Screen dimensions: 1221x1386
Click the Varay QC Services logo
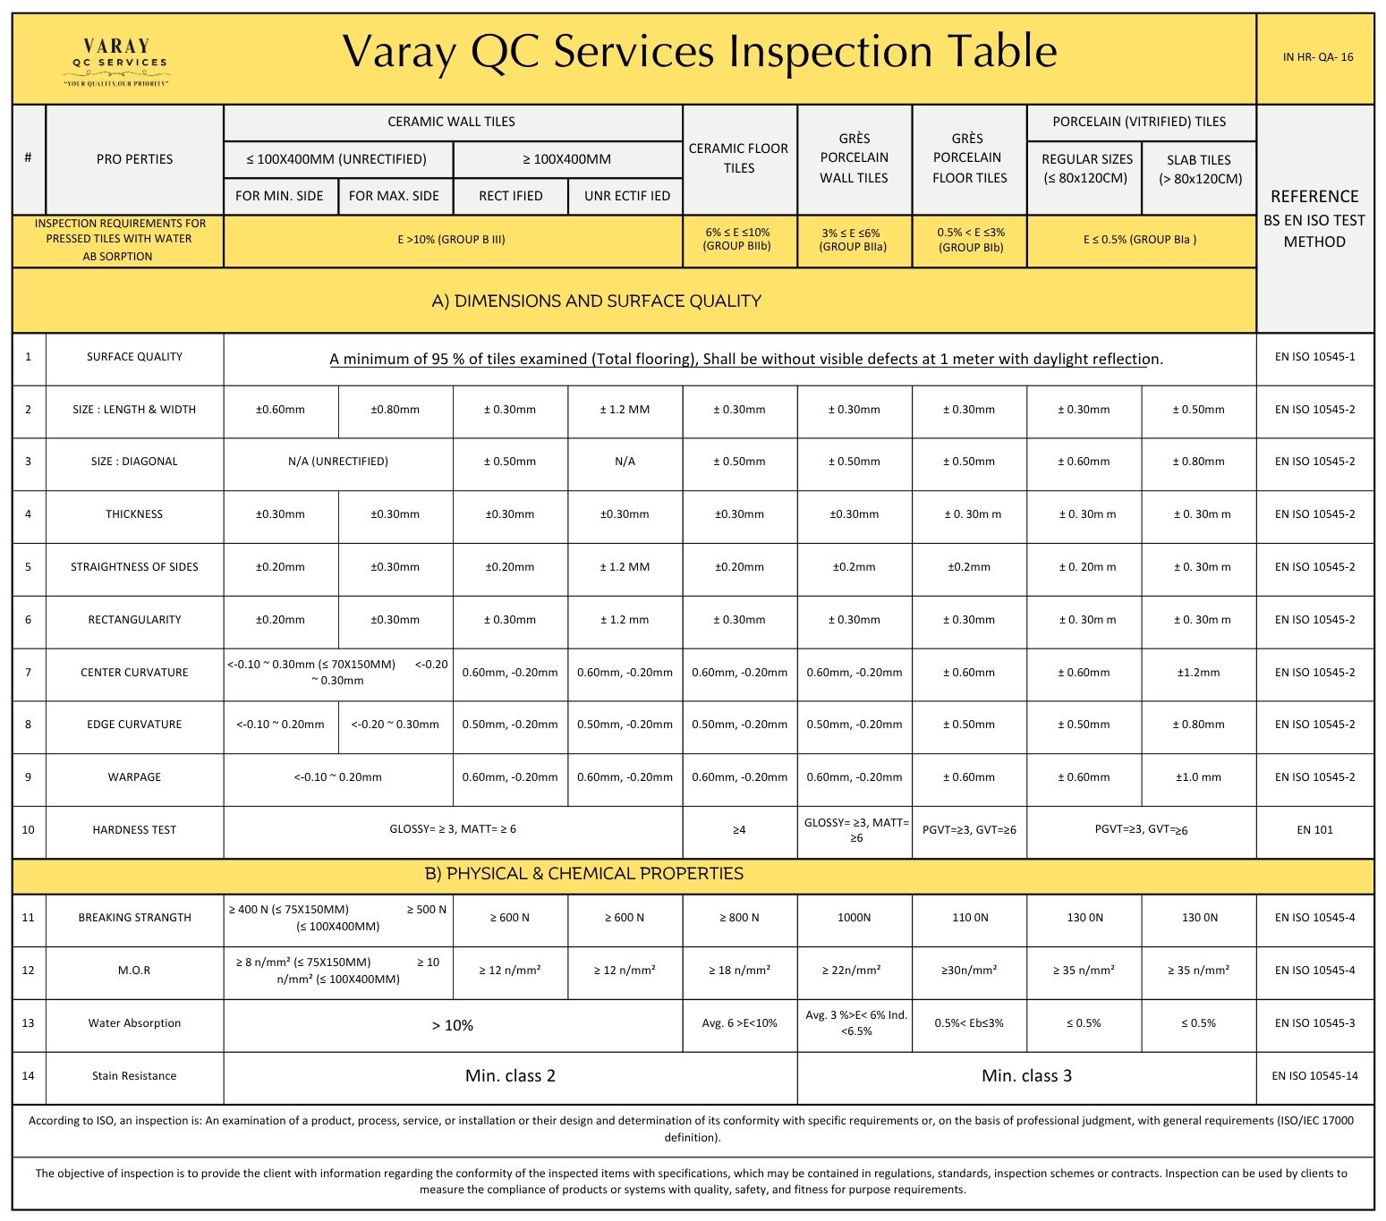(x=115, y=61)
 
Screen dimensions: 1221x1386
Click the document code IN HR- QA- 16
(x=1317, y=57)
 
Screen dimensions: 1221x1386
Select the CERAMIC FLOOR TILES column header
(x=738, y=158)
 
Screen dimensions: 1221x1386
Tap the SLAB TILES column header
(x=1199, y=169)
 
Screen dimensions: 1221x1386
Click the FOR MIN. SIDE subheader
(x=279, y=196)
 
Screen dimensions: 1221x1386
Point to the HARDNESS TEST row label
(x=134, y=830)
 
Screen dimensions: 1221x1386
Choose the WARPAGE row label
(x=134, y=777)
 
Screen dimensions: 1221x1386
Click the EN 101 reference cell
(x=1314, y=830)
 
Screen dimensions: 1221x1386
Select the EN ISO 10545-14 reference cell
(x=1314, y=1076)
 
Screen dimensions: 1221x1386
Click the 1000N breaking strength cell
(x=854, y=918)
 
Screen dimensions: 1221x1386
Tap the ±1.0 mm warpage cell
(x=1199, y=777)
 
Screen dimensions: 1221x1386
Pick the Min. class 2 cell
(x=510, y=1076)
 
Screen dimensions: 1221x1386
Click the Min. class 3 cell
(x=1026, y=1076)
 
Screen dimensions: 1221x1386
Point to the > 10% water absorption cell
(x=453, y=1025)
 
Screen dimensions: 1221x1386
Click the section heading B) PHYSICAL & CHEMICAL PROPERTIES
(x=583, y=874)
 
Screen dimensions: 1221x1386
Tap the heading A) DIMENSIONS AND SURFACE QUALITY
(x=596, y=301)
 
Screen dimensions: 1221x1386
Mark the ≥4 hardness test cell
(x=738, y=830)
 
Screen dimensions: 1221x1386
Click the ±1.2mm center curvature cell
(x=1199, y=673)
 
